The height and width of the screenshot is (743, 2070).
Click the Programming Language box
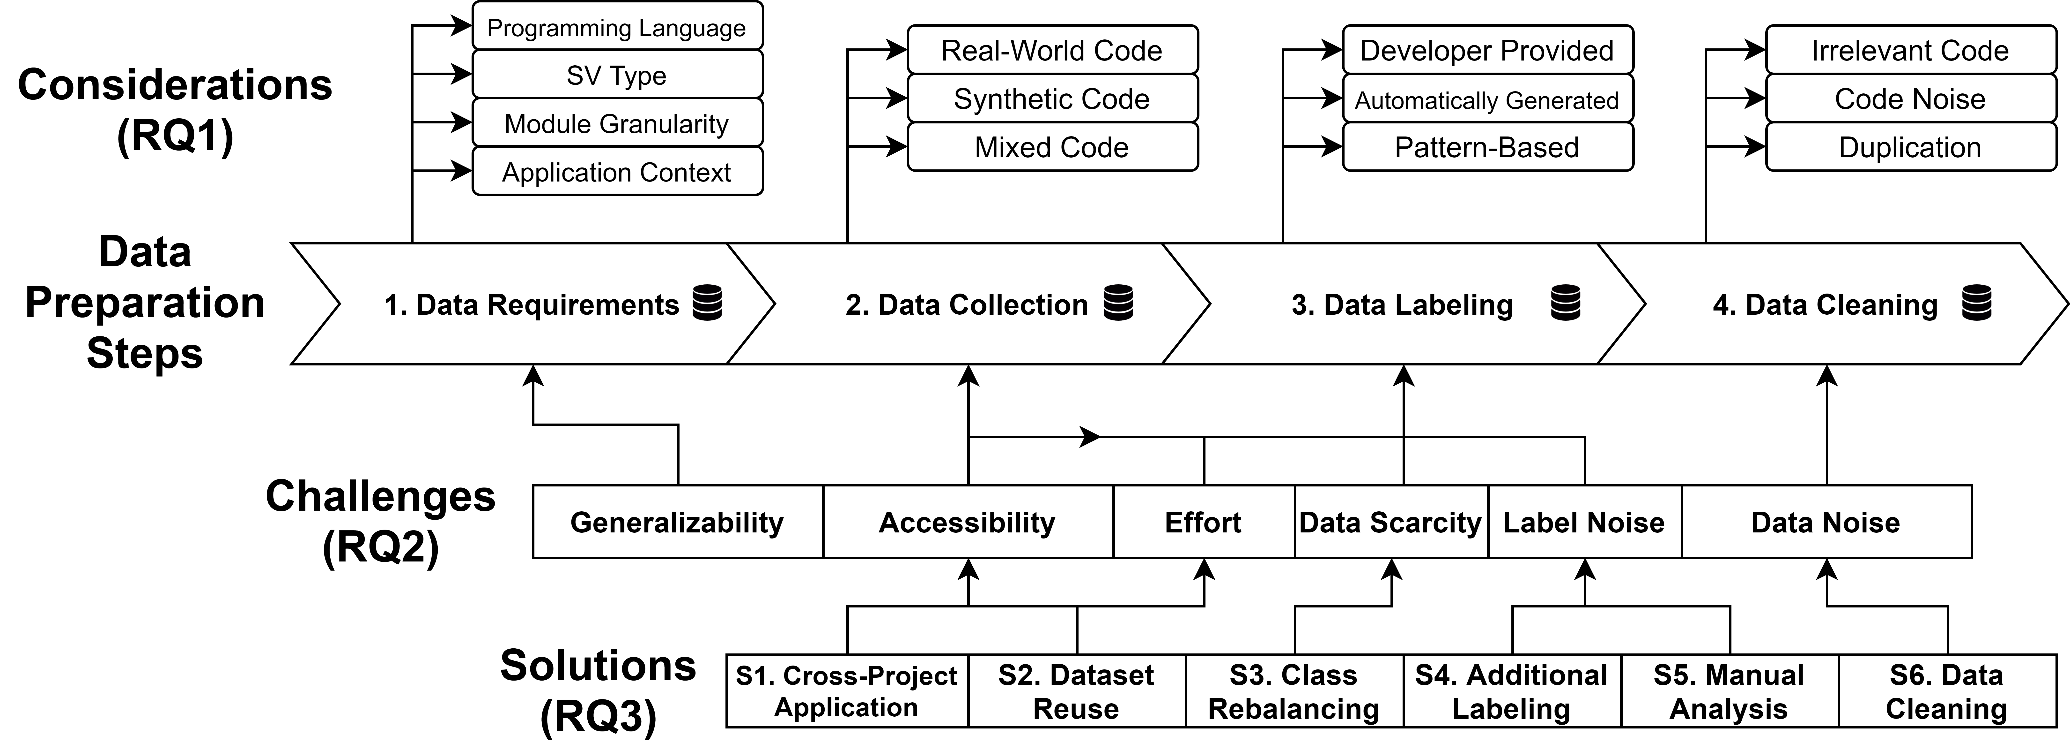pos(617,27)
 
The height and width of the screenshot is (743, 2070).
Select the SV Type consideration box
pos(617,75)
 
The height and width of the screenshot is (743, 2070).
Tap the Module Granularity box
pos(617,123)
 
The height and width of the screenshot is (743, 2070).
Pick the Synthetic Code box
pos(1053,99)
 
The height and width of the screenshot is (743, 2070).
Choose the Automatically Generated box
pos(1488,99)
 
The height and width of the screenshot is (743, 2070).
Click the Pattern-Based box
pos(1488,147)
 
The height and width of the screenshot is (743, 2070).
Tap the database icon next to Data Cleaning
pos(1977,303)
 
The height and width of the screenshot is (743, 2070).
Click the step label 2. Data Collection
pos(967,305)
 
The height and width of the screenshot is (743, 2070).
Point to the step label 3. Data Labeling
pos(1402,305)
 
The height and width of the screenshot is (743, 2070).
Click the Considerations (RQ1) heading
pos(175,109)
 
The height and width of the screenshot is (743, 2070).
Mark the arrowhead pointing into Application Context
pos(462,170)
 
